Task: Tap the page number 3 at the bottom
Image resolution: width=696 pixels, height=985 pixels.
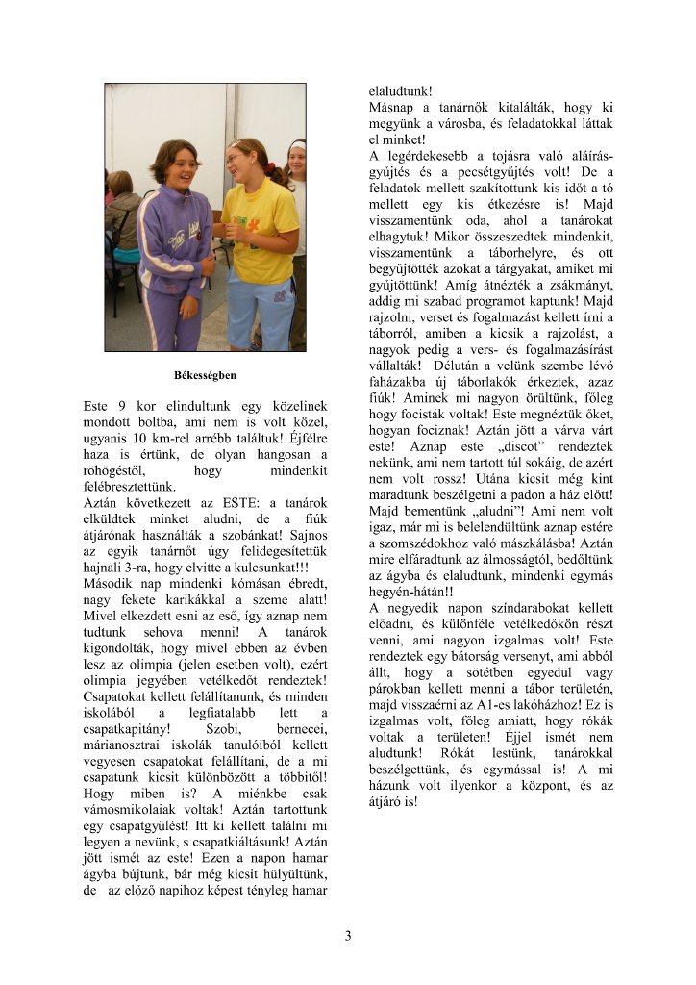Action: pyautogui.click(x=348, y=935)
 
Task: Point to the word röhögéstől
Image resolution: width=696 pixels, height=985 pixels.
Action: pyautogui.click(x=114, y=470)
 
